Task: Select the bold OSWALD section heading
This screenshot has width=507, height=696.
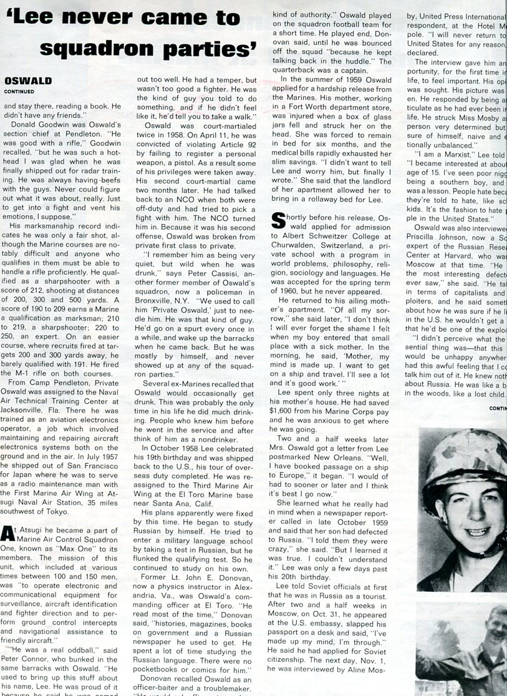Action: (28, 81)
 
